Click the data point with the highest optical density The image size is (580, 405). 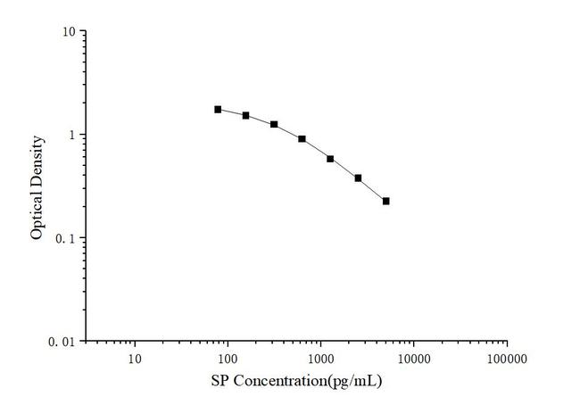(x=218, y=109)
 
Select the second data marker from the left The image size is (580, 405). (x=245, y=115)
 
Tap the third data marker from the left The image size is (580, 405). (x=274, y=124)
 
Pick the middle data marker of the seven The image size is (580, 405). (x=302, y=138)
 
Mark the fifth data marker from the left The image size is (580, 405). (x=330, y=159)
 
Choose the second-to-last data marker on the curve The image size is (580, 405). (x=358, y=178)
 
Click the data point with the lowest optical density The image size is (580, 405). (x=385, y=201)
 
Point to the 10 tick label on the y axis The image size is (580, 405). (x=68, y=32)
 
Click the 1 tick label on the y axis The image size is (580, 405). (x=71, y=135)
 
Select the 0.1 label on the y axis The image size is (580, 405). (x=65, y=238)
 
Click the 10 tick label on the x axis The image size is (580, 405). (x=135, y=359)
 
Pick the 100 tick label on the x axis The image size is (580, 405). (x=228, y=359)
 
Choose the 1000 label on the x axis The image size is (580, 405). (x=320, y=359)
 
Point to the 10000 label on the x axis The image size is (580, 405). (x=413, y=359)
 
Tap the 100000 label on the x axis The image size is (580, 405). (x=506, y=359)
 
